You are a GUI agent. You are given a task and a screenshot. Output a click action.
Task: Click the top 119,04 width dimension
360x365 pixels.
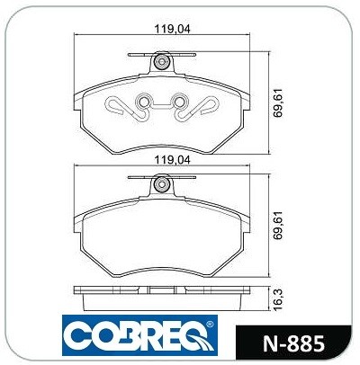click(x=172, y=29)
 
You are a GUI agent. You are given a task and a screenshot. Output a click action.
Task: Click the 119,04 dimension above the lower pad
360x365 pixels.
click(x=172, y=160)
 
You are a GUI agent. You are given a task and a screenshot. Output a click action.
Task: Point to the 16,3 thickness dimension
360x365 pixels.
click(x=279, y=299)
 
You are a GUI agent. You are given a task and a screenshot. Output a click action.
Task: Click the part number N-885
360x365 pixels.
click(x=293, y=343)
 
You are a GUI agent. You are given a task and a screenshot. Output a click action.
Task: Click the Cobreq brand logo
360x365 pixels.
click(x=139, y=335)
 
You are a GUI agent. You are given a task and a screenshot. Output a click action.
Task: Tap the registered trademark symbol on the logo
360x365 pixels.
click(x=210, y=325)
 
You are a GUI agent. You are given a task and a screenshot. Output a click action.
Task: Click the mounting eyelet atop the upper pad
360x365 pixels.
click(x=162, y=62)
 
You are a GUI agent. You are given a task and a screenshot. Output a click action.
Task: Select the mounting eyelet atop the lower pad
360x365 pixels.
click(x=162, y=184)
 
